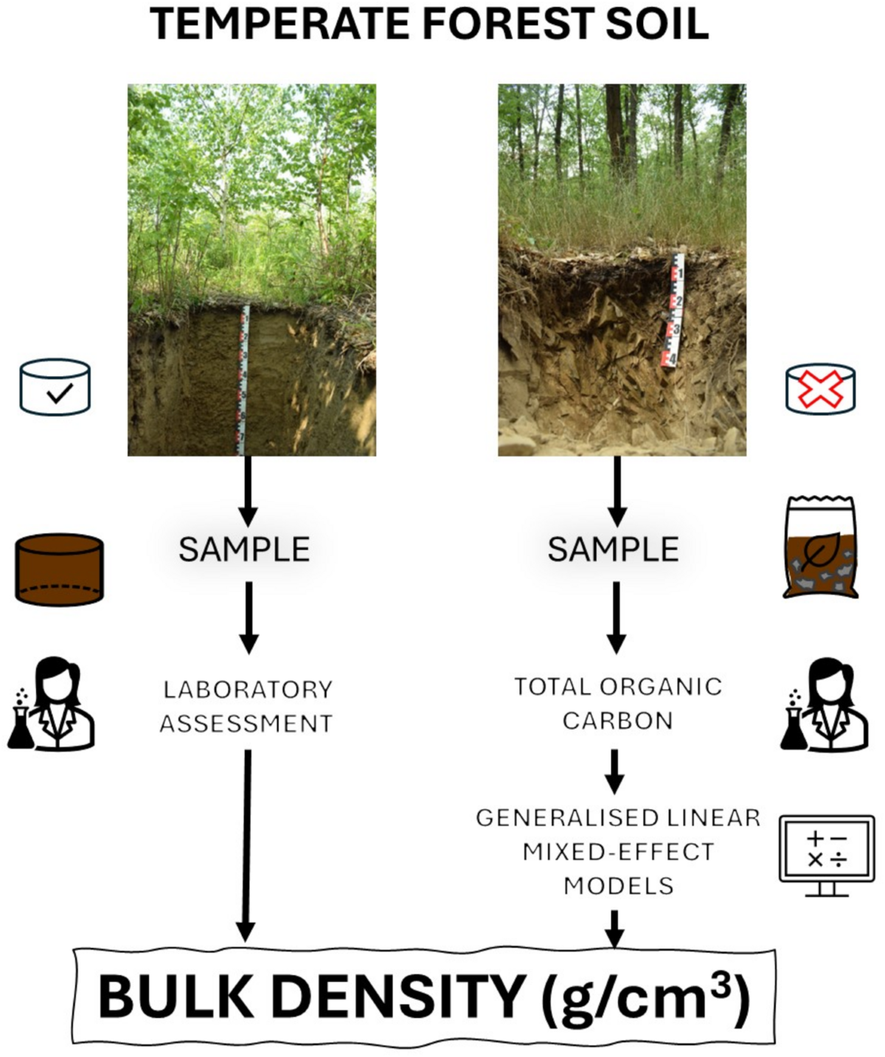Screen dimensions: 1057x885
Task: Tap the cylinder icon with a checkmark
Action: point(55,387)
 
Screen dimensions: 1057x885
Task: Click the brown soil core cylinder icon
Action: point(59,570)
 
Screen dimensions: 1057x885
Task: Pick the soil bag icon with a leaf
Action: point(820,547)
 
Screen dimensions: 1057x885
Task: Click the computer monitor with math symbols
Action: point(827,854)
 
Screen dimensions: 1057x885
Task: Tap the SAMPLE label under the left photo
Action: point(244,550)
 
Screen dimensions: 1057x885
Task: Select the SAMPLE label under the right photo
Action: point(613,550)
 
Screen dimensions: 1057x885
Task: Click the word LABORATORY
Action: point(248,690)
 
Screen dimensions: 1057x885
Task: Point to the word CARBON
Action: point(617,721)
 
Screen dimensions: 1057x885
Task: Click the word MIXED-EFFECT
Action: point(618,852)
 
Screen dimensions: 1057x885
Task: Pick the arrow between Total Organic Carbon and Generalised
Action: point(614,771)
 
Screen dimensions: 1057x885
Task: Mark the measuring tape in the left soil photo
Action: point(242,380)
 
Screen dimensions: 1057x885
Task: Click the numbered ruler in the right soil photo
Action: point(673,311)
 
